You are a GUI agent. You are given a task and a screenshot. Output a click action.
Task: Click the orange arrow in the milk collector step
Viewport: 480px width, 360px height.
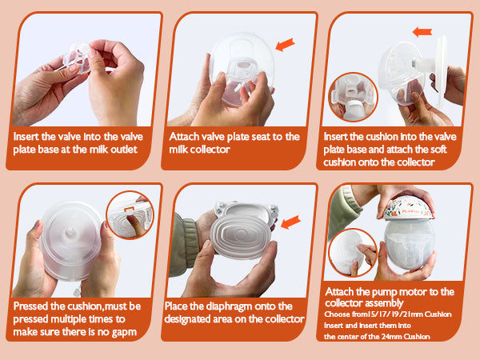point(285,44)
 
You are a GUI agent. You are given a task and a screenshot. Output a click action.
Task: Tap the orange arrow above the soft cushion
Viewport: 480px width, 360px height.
point(422,32)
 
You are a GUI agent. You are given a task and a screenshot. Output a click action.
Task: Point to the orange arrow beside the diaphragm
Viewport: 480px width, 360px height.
point(290,222)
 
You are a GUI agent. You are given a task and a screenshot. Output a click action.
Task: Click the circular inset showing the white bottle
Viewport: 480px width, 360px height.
point(353,97)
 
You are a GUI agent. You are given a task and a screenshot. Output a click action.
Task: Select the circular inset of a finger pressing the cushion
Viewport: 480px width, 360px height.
point(130,214)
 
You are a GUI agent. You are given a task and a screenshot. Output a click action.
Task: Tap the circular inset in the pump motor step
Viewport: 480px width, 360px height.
point(352,253)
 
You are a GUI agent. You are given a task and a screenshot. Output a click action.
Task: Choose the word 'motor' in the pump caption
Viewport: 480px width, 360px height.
point(416,292)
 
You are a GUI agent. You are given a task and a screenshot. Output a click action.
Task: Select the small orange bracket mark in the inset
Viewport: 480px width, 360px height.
point(129,209)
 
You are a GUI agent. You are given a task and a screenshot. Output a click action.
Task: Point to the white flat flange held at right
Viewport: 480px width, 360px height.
point(440,71)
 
